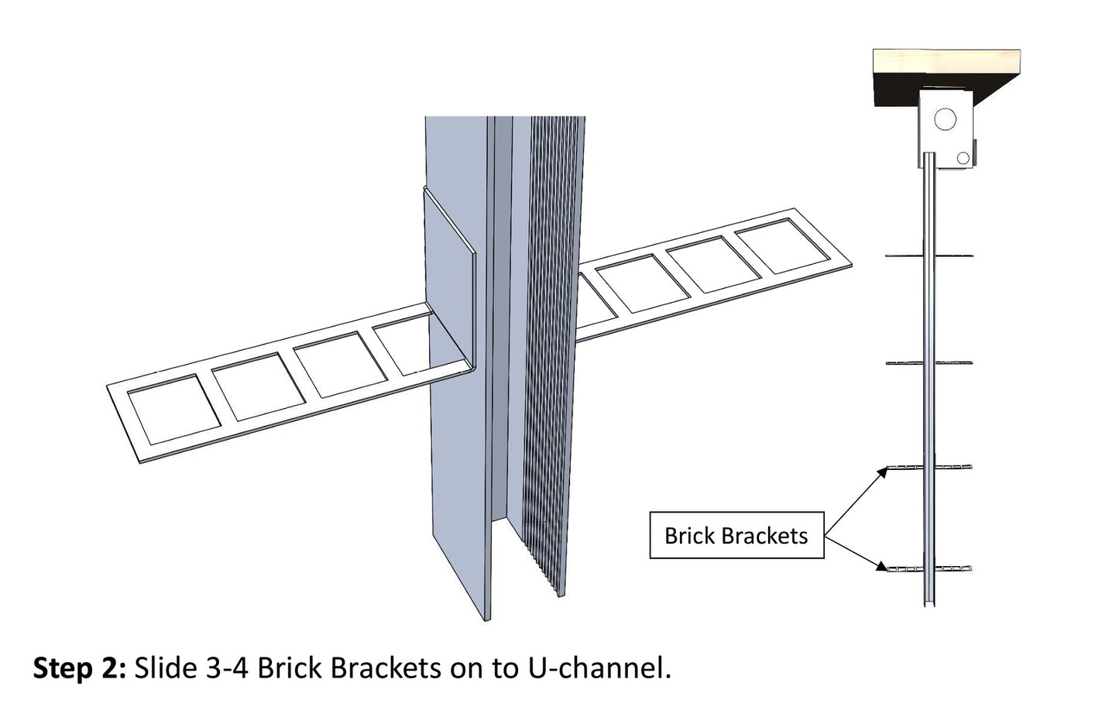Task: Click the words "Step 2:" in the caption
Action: [80, 668]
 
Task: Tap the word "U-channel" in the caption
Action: [599, 668]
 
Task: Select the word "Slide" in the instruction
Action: [166, 668]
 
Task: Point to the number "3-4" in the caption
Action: [228, 668]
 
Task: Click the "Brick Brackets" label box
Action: [736, 535]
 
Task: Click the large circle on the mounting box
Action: [946, 119]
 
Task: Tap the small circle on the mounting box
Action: [963, 159]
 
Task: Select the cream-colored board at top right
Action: [946, 62]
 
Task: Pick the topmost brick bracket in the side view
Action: [929, 256]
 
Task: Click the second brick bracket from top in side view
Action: [929, 362]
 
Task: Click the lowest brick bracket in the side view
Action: [929, 568]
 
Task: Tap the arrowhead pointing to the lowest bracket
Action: [882, 566]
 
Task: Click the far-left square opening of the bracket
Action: [173, 409]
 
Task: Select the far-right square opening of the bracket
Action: [784, 245]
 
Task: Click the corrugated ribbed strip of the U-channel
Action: [552, 350]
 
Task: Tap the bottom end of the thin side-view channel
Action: [929, 605]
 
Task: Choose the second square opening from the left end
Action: [259, 386]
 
